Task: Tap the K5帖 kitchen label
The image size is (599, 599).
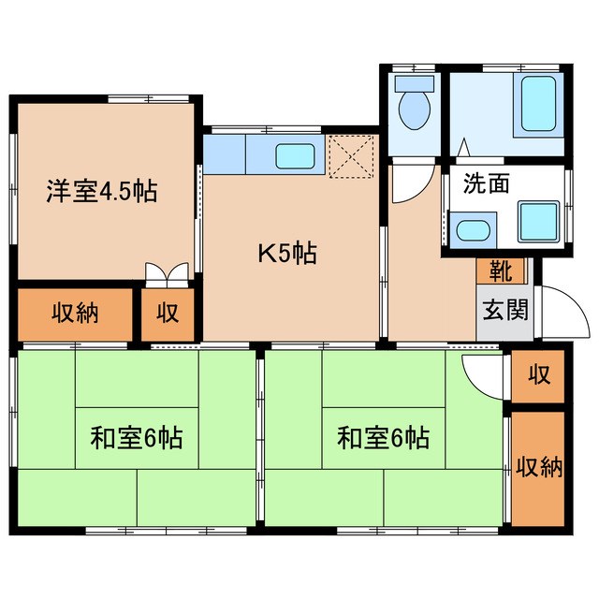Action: click(287, 252)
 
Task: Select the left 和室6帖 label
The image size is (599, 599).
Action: click(136, 436)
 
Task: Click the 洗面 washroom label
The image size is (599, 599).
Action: click(486, 183)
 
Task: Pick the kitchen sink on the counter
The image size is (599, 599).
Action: click(296, 156)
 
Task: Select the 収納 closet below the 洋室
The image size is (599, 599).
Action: click(75, 314)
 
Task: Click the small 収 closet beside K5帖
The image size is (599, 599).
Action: click(168, 314)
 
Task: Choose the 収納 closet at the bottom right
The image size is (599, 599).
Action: click(537, 466)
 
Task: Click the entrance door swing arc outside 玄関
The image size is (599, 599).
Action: click(563, 314)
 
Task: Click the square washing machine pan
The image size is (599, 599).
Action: click(538, 221)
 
